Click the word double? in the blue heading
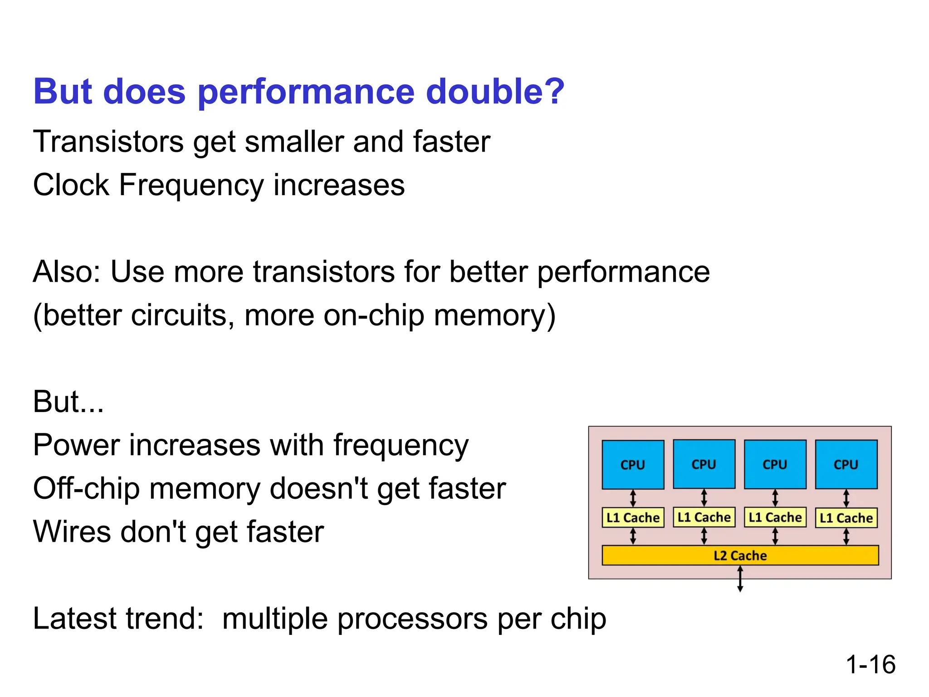(x=495, y=91)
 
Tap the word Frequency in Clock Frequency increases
(x=191, y=186)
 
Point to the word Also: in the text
(x=67, y=272)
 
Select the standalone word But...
(x=68, y=402)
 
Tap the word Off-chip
(x=86, y=489)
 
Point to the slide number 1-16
(x=870, y=665)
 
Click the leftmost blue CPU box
(x=633, y=465)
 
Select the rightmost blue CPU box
(x=846, y=465)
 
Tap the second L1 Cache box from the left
(x=704, y=517)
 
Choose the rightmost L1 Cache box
(x=846, y=518)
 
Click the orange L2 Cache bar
(x=740, y=555)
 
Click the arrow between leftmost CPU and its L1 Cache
(x=633, y=498)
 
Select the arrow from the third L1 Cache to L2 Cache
(x=775, y=536)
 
